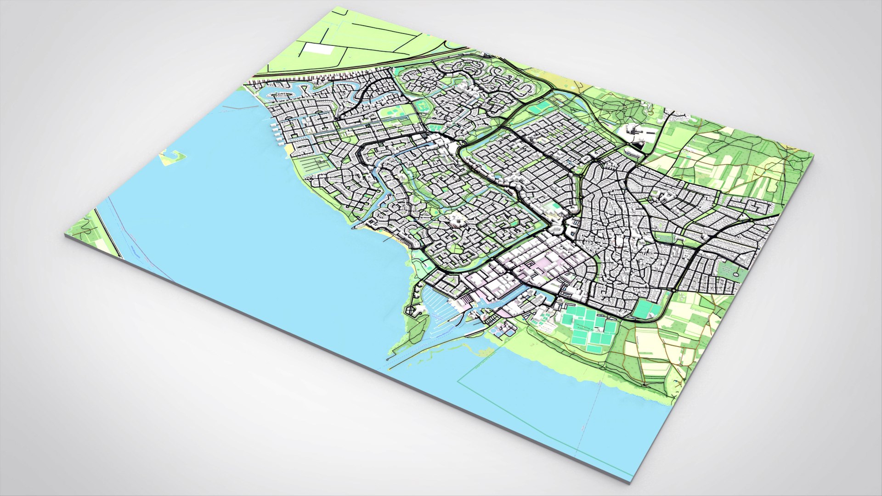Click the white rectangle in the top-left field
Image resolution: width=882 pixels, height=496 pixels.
pyautogui.click(x=318, y=49)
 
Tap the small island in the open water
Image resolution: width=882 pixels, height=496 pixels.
pyautogui.click(x=173, y=157)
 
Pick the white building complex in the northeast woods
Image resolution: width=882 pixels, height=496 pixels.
pyautogui.click(x=639, y=133)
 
